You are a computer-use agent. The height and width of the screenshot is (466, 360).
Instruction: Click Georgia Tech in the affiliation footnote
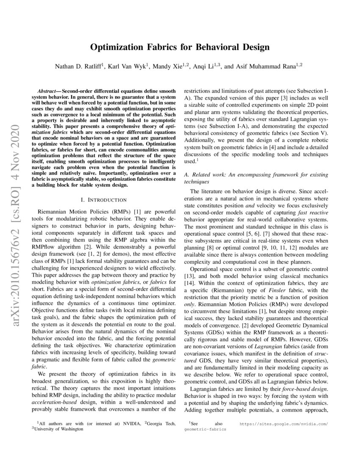pos(161,423)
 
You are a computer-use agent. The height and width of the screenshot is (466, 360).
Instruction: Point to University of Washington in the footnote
pos(59,428)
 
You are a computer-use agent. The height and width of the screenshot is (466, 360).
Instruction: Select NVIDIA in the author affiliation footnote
pos(129,423)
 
